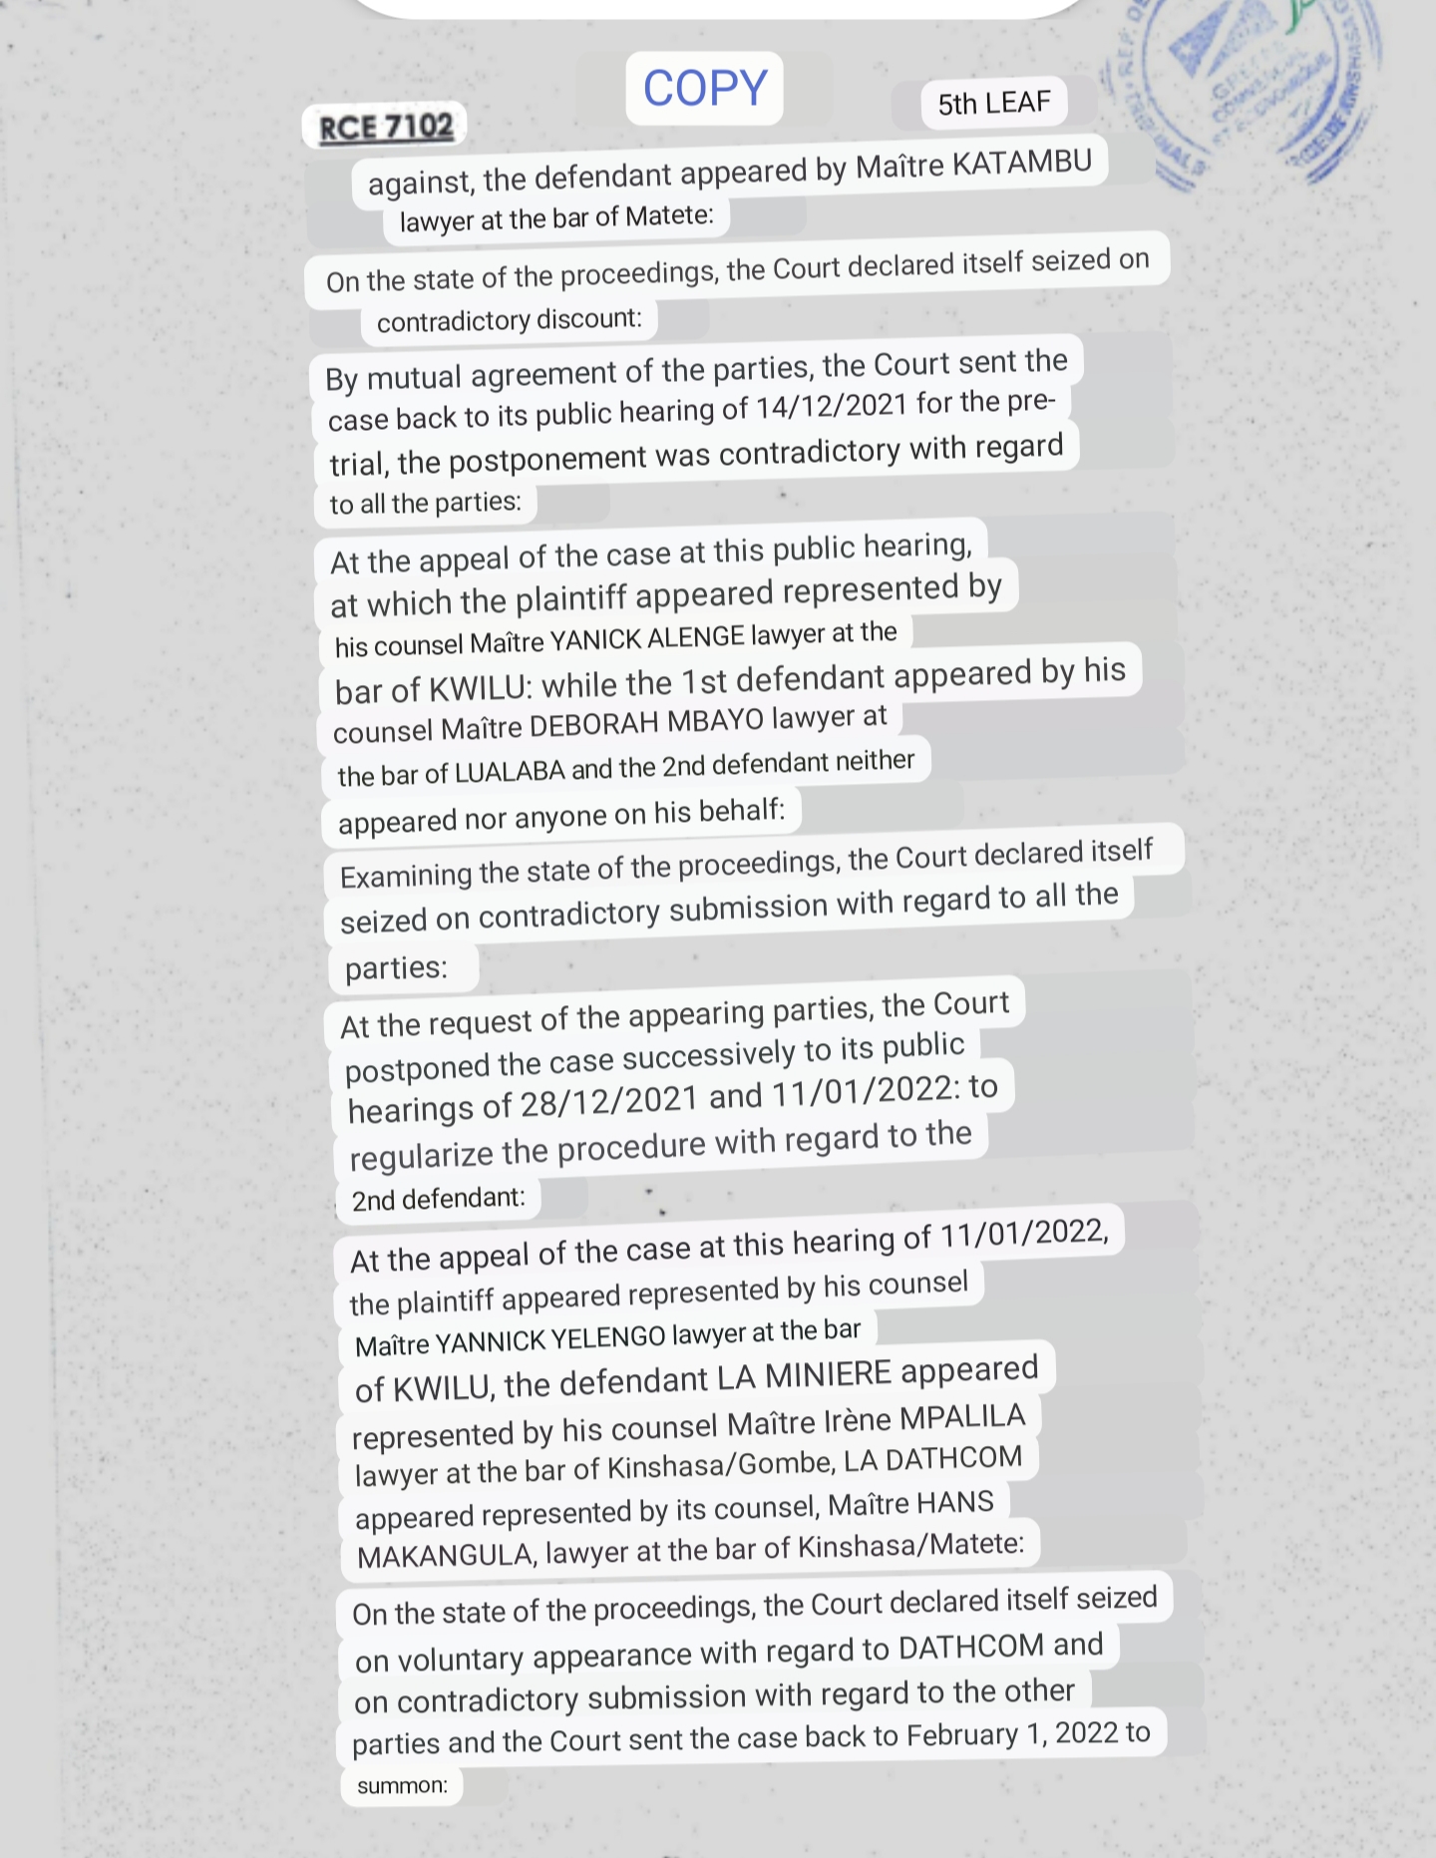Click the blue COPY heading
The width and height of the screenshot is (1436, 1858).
pos(705,89)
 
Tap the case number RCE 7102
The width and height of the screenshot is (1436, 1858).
pos(385,128)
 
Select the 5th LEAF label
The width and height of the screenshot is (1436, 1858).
pos(993,103)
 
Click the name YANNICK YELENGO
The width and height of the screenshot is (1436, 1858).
pos(550,1339)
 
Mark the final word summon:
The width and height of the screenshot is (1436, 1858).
pos(402,1785)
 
